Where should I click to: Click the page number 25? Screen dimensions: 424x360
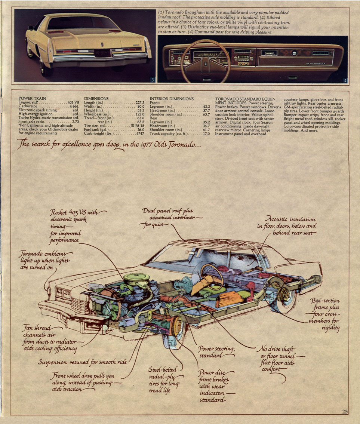point(345,412)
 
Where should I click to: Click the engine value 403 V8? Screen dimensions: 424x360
point(73,102)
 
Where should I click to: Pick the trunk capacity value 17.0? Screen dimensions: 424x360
point(206,133)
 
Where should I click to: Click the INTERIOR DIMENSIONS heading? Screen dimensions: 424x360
point(172,99)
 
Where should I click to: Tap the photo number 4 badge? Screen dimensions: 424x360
point(344,80)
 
